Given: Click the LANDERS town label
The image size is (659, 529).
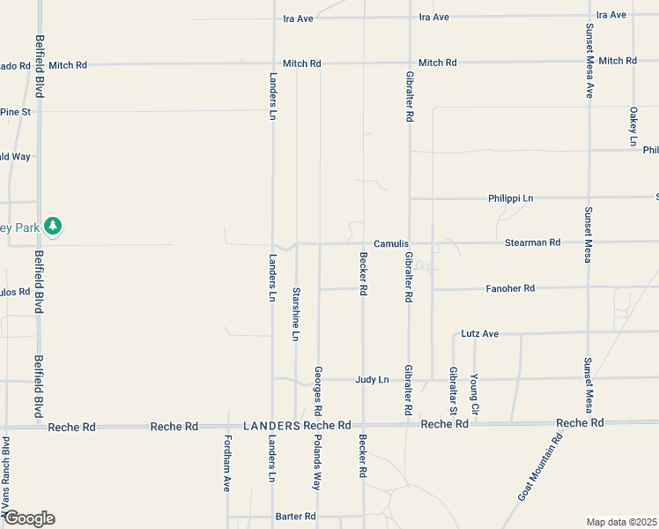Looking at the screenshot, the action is coord(272,426).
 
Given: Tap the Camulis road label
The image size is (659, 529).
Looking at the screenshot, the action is coord(391,243).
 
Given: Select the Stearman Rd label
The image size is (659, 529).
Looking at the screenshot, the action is coord(532,242).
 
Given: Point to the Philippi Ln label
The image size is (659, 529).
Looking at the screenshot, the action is coord(511,198).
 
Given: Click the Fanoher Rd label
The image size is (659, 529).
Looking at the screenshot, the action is coord(510,288).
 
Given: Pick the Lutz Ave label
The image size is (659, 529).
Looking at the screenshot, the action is coord(480,334).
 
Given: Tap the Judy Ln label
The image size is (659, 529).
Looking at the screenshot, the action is coord(372,380).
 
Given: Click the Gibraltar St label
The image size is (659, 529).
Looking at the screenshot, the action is coord(453,391).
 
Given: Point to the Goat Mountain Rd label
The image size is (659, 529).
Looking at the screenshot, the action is coord(540,468).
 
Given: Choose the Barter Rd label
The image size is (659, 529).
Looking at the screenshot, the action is coord(295,517).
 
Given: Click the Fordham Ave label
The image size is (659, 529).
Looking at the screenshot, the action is coord(227,463).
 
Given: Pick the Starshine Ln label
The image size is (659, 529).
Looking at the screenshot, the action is coord(296,314).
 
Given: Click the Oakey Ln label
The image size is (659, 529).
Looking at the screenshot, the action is coord(633,126).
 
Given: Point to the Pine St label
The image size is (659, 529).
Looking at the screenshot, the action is coord(15,112).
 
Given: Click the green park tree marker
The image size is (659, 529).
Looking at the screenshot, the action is coord(53,227).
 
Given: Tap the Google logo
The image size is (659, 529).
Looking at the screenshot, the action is coord(28,518).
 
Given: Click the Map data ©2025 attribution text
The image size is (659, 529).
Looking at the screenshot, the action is coord(621,522).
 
